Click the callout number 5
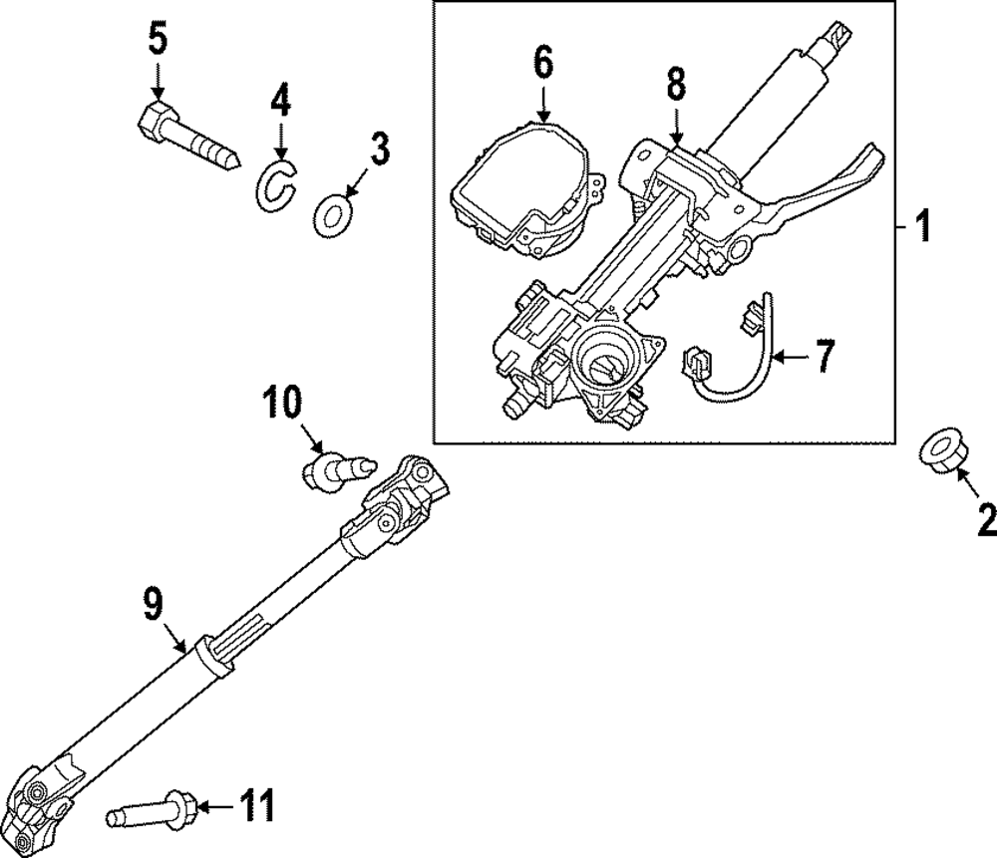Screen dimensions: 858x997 (x=158, y=41)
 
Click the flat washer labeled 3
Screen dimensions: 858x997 (x=331, y=213)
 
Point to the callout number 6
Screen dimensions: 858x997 (x=542, y=62)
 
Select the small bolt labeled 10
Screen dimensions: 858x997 (x=338, y=466)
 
